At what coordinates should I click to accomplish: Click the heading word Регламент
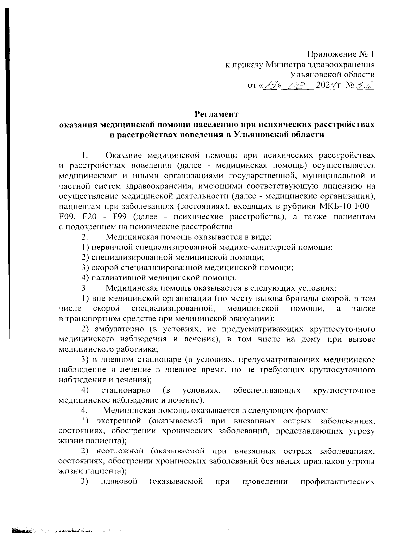(x=216, y=114)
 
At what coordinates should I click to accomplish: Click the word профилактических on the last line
(x=337, y=482)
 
